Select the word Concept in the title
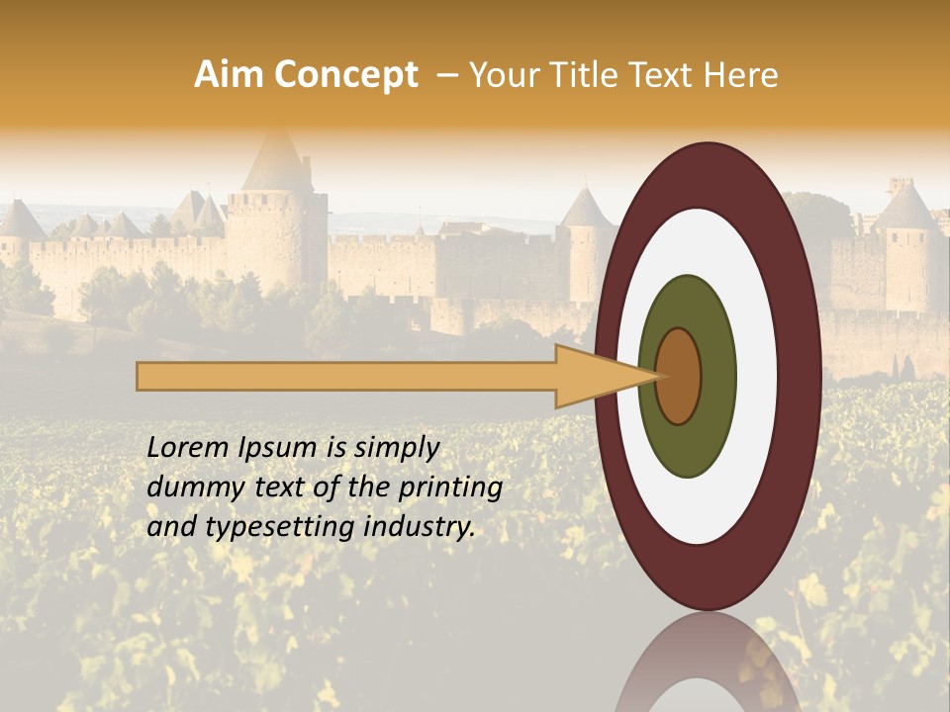click(345, 75)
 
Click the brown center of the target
click(679, 376)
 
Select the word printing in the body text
click(450, 489)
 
